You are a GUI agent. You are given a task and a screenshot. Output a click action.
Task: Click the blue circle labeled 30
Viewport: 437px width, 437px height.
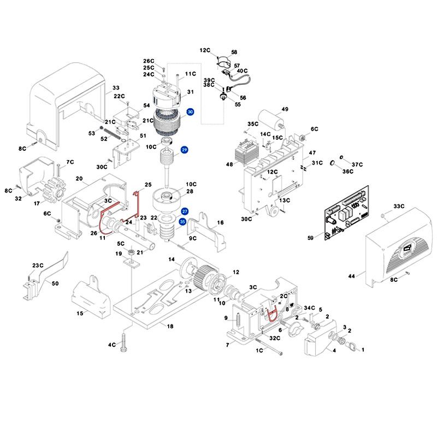190,112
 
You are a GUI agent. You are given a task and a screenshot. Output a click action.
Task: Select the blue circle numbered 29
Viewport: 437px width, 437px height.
185,150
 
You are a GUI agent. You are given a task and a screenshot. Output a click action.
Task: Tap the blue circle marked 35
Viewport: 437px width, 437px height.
183,221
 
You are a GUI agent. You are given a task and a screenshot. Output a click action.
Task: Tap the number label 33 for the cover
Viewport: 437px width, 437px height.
116,88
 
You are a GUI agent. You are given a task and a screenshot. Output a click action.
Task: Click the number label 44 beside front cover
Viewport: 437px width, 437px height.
352,277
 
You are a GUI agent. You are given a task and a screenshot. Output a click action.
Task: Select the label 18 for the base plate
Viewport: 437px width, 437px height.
170,326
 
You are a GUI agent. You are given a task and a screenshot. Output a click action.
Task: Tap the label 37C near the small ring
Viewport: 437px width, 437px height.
357,164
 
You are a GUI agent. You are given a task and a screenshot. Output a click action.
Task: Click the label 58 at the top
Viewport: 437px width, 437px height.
234,52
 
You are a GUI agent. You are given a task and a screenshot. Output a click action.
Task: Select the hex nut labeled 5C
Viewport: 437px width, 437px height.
132,252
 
